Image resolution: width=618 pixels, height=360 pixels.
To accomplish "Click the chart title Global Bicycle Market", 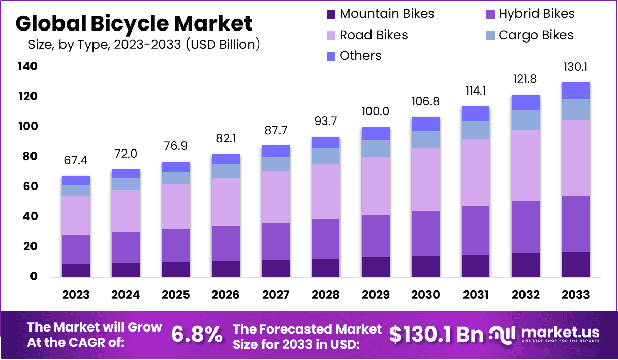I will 134,23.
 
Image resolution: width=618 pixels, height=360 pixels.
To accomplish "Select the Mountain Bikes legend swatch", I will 331,14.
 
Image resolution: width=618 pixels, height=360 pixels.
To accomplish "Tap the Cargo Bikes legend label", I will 536,35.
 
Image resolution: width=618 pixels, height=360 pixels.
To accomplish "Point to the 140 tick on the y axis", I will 27,66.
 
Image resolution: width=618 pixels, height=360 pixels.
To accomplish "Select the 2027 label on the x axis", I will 276,295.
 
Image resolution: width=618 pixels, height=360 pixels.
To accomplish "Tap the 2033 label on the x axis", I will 576,295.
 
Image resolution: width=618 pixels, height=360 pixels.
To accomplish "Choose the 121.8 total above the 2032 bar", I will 526,79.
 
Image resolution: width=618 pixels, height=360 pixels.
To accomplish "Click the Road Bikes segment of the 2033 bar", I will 576,158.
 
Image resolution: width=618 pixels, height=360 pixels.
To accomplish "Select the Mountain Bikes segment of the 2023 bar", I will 76,270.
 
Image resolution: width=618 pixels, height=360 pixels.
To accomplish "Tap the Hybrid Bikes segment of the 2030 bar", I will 426,233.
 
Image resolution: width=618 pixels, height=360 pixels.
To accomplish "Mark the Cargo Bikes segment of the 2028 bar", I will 326,156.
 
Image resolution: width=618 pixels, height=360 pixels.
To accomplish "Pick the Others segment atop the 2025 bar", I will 176,167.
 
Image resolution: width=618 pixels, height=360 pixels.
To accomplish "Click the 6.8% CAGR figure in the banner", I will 197,334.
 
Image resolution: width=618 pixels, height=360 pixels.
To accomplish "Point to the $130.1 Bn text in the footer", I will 437,334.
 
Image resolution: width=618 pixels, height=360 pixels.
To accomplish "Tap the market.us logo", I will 544,334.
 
